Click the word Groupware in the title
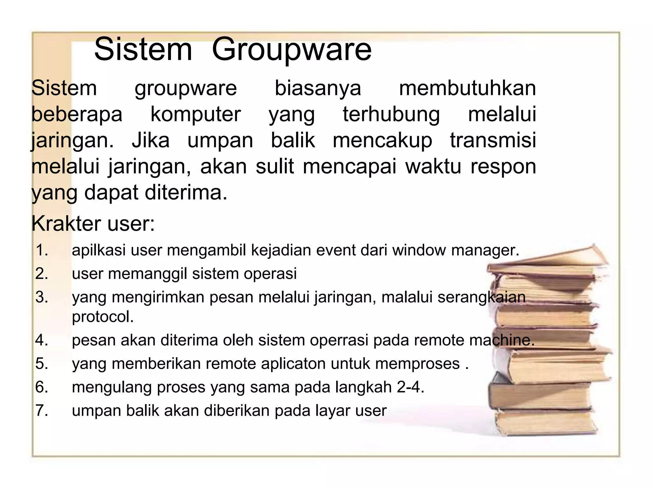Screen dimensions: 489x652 pyautogui.click(x=292, y=50)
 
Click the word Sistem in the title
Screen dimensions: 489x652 pyautogui.click(x=143, y=49)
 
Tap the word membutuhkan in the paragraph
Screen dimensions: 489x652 pyautogui.click(x=467, y=88)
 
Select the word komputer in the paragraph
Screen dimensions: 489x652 pyautogui.click(x=195, y=114)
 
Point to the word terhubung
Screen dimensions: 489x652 pyautogui.click(x=391, y=115)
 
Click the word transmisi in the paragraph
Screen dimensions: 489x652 pyautogui.click(x=493, y=140)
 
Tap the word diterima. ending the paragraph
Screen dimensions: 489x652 pyautogui.click(x=186, y=193)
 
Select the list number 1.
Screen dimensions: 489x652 pyautogui.click(x=42, y=250)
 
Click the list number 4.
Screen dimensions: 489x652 pyautogui.click(x=42, y=340)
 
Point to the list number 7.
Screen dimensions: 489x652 pyautogui.click(x=42, y=410)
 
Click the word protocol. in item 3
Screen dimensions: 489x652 pyautogui.click(x=103, y=317)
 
